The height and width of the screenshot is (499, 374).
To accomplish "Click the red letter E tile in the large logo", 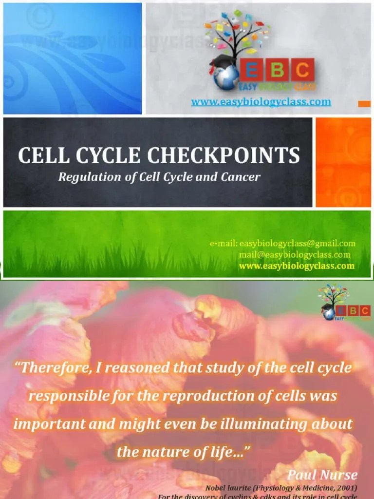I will coord(253,71).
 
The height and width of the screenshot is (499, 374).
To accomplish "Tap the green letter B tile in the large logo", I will coord(277,71).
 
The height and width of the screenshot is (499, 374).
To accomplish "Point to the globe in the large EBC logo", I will coord(225,77).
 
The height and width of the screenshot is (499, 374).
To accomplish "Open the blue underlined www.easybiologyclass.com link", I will coord(261,102).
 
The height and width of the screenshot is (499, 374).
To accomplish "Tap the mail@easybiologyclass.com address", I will coord(294,254).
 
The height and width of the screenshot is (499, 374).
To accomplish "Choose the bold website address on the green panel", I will coord(297,266).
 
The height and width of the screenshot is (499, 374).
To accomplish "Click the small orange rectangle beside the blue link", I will coord(364,103).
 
